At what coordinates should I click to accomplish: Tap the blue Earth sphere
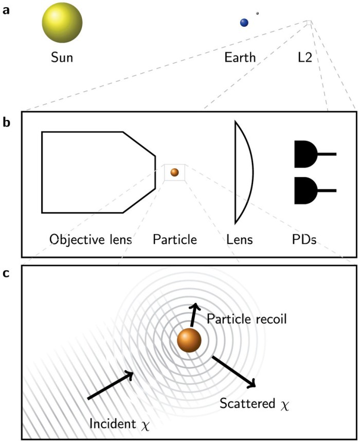click(244, 22)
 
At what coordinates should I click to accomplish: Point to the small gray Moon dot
click(257, 13)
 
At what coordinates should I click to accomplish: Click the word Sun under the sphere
click(62, 57)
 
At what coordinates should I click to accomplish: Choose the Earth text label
click(240, 57)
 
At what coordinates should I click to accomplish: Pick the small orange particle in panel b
click(174, 172)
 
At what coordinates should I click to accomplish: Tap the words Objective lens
click(89, 239)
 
